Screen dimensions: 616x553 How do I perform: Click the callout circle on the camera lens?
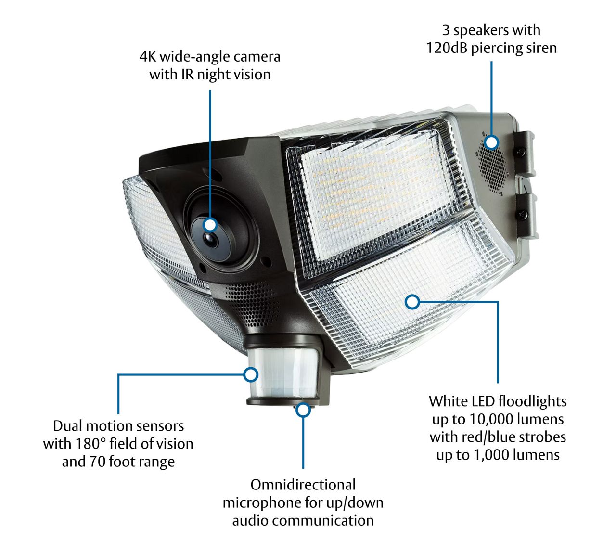coord(210,225)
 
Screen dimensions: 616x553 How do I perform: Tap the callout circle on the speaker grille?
coord(491,142)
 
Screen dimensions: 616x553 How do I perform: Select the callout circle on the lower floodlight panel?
coord(412,302)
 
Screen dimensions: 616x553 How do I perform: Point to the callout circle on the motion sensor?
coord(251,374)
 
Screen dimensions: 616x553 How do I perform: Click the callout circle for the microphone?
coord(303,410)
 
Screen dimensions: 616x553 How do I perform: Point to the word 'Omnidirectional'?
coord(303,485)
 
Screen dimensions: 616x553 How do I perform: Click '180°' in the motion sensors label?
coord(91,443)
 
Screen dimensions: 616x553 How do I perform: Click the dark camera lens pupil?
coord(210,240)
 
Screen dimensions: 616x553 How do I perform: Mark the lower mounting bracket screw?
coord(522,214)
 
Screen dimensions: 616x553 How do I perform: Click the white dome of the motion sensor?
coord(283,373)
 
